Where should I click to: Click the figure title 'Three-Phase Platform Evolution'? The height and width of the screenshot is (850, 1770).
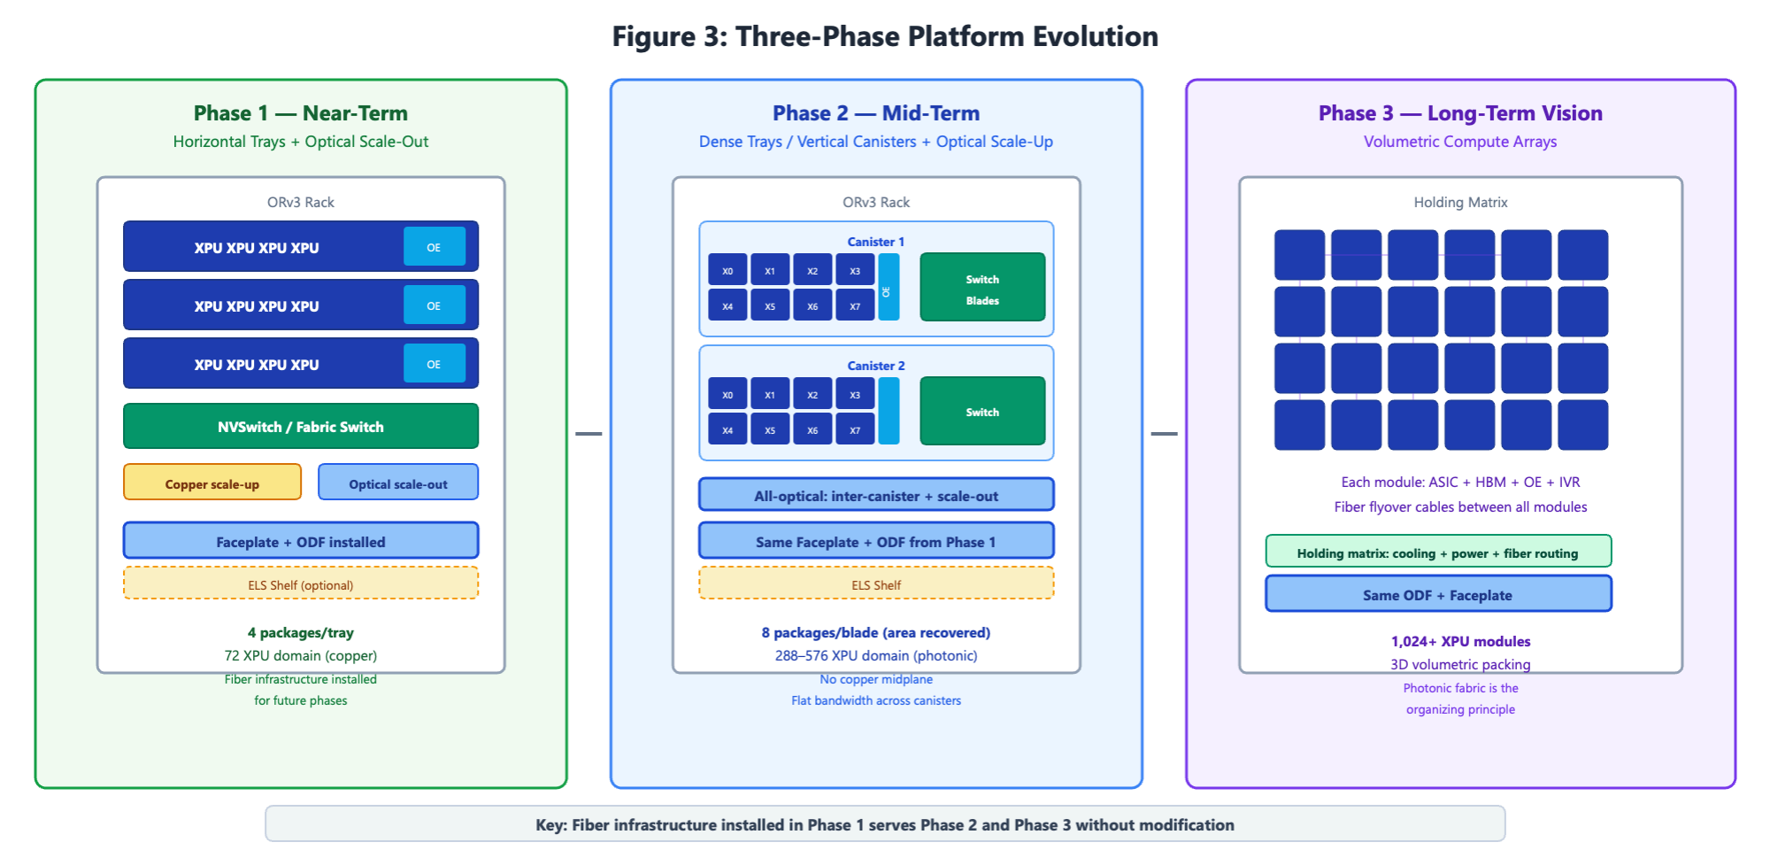(946, 36)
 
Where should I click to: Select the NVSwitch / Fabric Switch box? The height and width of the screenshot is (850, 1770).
(301, 426)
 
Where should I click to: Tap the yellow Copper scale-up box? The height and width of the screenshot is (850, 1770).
(212, 483)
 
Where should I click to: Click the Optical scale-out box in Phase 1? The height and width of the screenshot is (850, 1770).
(398, 483)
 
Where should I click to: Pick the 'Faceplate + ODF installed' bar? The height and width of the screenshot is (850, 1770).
(301, 541)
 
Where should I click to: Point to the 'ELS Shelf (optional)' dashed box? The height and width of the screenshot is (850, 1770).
(301, 583)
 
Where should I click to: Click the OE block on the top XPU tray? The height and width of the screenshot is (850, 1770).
(435, 246)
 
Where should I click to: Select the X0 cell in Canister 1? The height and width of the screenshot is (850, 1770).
(727, 270)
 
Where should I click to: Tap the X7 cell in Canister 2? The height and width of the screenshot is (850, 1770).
(855, 429)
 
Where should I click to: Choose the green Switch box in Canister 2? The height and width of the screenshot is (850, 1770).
(982, 411)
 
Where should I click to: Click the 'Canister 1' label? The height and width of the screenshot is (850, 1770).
(876, 242)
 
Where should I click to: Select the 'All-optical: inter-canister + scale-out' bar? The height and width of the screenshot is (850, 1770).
(876, 495)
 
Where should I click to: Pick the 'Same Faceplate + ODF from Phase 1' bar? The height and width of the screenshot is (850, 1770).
(876, 541)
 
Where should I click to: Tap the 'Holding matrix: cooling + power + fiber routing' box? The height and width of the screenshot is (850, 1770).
(1438, 552)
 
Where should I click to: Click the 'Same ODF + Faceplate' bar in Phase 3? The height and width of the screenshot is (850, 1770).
(1438, 594)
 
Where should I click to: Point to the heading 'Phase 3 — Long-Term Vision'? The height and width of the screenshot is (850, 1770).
(1460, 113)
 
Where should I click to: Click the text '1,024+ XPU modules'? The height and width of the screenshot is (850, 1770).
(1460, 641)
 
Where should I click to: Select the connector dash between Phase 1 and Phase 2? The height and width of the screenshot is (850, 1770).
(589, 434)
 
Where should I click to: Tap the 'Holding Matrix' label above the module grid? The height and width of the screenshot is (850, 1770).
(1460, 202)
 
